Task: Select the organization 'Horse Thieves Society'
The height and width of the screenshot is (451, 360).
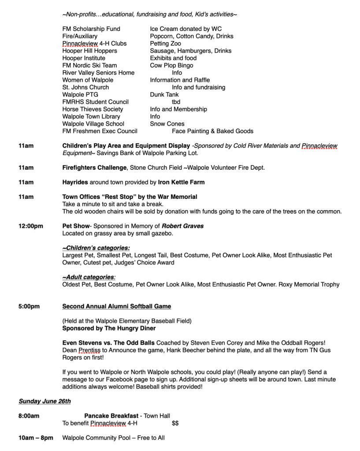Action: point(93,109)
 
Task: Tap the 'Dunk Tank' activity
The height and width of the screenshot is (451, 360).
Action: point(164,94)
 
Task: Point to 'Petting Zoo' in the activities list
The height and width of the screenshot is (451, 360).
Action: point(165,43)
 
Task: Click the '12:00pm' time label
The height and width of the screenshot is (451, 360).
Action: point(31,226)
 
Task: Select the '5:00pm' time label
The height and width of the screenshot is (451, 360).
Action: point(29,306)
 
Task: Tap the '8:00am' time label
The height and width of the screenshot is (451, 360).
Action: point(29,416)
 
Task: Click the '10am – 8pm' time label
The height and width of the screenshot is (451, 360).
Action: point(36,438)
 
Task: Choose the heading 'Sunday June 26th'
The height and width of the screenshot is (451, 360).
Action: point(45,401)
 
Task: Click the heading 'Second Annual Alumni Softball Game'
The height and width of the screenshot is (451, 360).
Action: point(117,306)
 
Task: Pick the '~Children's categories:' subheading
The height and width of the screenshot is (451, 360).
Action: point(96,248)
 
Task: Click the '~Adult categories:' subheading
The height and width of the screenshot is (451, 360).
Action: point(89,277)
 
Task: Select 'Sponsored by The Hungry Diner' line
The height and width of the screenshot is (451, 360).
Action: point(109,328)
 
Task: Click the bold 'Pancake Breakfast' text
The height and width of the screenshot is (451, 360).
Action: point(111,416)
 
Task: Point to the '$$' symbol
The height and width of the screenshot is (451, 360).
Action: point(175,423)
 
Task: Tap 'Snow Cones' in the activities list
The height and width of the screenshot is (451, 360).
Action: point(167,124)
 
